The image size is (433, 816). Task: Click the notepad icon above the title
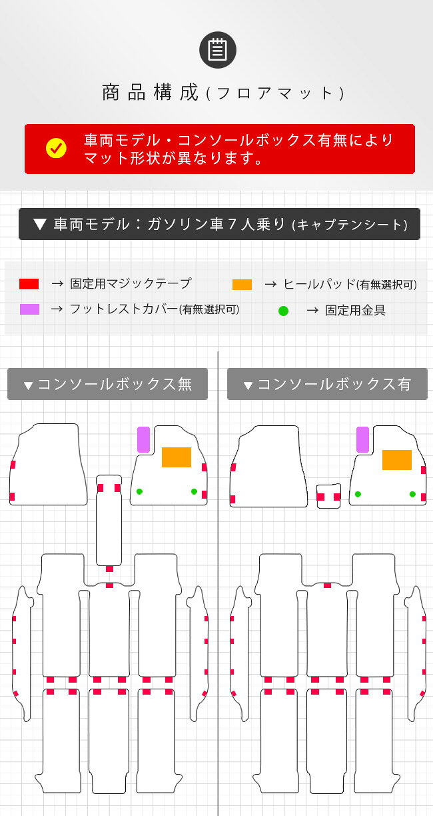point(218,50)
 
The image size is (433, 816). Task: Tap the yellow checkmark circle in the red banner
point(56,148)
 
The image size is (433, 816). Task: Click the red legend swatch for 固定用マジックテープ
point(29,284)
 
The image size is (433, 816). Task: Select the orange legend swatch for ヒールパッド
point(242,285)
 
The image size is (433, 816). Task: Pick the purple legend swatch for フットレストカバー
point(29,309)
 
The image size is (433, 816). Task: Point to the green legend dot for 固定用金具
point(283,311)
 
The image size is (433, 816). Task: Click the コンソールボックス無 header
point(108,384)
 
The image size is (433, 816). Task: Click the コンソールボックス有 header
point(327,384)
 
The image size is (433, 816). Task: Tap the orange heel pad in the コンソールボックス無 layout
point(177,457)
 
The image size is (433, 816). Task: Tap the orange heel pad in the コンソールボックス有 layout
point(397,460)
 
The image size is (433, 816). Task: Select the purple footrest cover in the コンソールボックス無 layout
point(143,440)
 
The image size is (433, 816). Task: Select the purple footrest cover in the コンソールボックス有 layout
point(362,440)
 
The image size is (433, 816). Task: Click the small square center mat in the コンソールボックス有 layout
point(328,496)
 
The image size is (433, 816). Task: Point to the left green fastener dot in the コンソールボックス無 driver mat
point(139,491)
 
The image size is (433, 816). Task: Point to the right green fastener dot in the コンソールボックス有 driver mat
point(412,494)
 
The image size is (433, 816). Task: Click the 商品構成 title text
point(150,93)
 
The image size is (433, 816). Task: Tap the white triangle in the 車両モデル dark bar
point(40,224)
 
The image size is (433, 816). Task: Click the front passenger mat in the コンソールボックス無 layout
point(49,465)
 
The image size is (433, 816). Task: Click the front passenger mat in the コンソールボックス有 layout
point(268,467)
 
